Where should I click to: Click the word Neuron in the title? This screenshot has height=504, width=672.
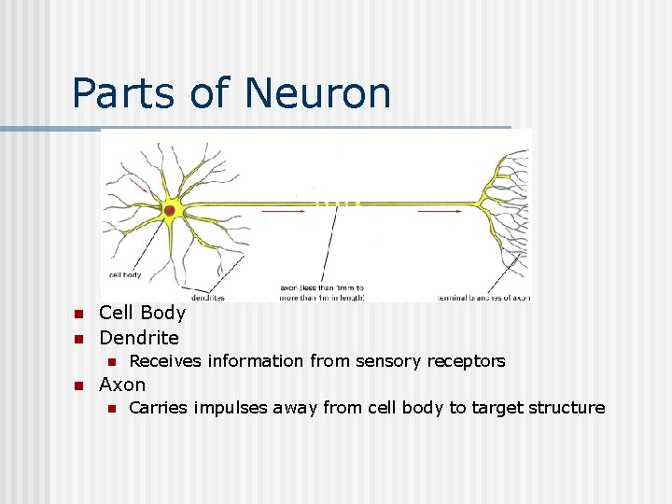point(318,93)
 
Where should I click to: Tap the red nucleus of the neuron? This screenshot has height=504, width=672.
point(169,211)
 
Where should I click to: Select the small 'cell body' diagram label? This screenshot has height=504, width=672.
point(125,274)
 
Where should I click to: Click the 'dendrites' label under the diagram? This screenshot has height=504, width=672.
point(207,298)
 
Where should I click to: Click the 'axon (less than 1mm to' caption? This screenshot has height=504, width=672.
point(322,287)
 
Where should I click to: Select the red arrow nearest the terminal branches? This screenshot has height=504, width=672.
point(439,212)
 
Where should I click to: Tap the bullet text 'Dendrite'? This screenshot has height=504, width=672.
point(139,337)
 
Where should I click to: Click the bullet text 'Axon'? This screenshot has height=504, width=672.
point(122,385)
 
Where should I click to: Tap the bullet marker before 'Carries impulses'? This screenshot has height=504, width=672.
point(109,408)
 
